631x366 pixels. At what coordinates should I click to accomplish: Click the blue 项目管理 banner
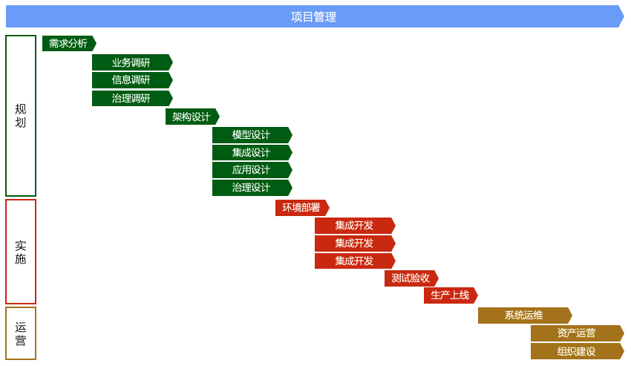click(314, 16)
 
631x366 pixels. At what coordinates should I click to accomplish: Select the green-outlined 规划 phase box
click(21, 116)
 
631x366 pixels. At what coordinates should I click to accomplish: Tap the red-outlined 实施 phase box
click(21, 252)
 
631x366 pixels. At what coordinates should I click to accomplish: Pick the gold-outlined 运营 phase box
click(21, 333)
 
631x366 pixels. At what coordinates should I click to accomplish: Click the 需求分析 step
click(68, 44)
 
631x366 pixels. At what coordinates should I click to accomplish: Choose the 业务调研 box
click(131, 62)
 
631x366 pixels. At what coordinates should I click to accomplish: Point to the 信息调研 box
click(131, 80)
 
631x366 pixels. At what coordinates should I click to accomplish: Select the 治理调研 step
click(131, 98)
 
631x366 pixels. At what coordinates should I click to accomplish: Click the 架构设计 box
click(192, 117)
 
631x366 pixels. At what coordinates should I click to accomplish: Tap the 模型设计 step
click(252, 135)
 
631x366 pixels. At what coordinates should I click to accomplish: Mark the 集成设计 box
click(252, 153)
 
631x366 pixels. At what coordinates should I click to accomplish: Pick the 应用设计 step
click(252, 170)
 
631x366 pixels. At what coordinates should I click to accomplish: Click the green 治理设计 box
click(252, 188)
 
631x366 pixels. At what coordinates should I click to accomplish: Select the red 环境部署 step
click(301, 208)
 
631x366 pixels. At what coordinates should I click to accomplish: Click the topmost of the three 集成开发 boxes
click(354, 226)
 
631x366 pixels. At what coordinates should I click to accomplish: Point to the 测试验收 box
click(411, 278)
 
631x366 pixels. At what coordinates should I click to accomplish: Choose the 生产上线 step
click(450, 295)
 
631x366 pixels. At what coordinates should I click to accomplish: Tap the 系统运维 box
click(524, 316)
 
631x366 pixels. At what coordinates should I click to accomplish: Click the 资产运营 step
click(576, 333)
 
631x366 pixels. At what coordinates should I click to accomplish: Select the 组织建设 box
click(576, 351)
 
